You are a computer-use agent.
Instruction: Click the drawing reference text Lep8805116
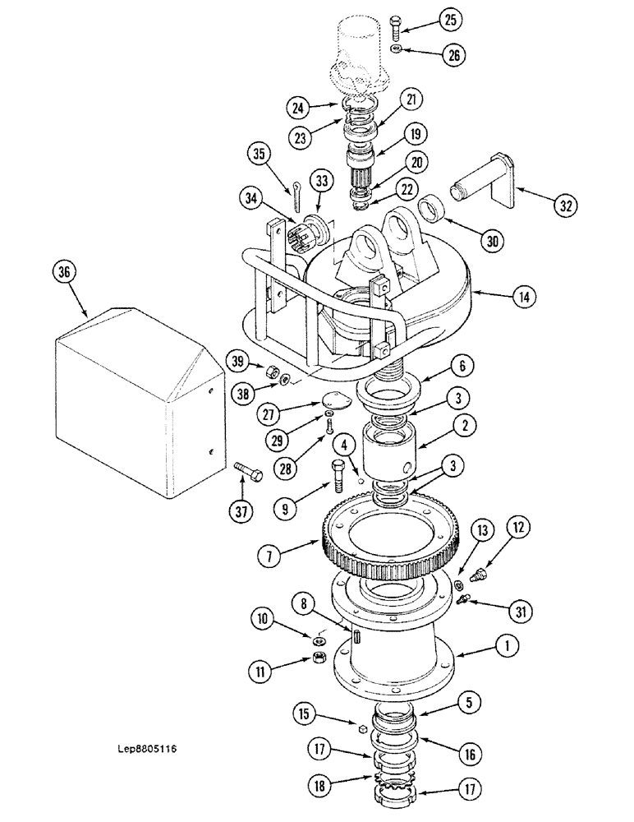[x=148, y=749]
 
